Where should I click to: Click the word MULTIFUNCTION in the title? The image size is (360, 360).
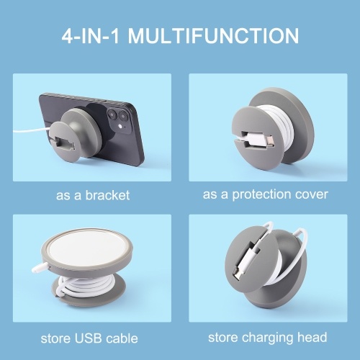[213, 36]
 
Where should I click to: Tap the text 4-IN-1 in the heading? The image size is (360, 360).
[91, 36]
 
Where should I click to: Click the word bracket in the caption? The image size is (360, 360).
[107, 195]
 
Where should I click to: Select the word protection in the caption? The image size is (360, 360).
[262, 194]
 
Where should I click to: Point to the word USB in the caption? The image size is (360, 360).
[89, 338]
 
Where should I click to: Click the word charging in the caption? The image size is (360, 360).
[269, 338]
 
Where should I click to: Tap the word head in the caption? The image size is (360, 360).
[312, 337]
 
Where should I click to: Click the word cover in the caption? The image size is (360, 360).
[312, 194]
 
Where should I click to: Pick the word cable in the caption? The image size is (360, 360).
[122, 338]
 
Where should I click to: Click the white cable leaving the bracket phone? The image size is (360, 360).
[32, 130]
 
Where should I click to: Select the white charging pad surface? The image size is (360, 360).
[88, 247]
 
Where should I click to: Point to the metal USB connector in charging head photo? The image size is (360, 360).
[237, 274]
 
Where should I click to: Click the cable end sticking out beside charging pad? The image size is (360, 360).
[40, 267]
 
